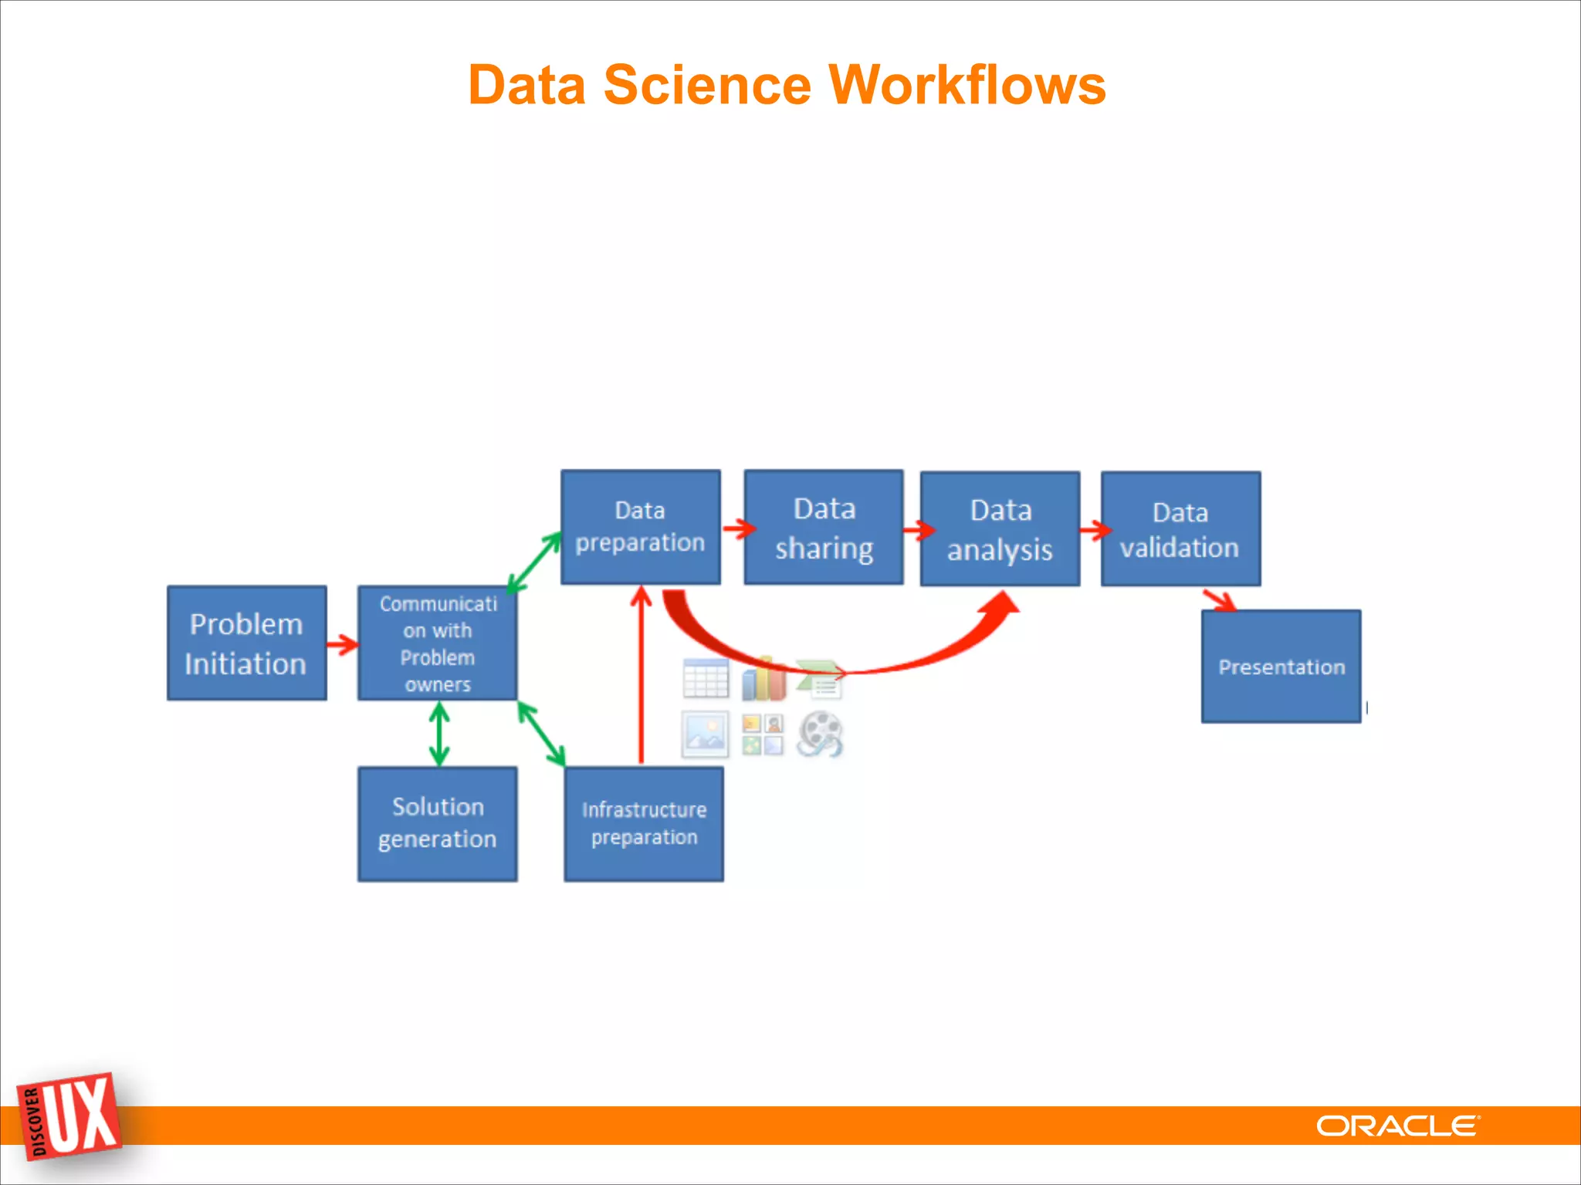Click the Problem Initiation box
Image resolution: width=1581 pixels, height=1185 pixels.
coord(246,643)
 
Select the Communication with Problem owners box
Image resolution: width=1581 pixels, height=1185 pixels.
coord(437,643)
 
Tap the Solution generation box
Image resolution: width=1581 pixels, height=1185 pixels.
coord(437,823)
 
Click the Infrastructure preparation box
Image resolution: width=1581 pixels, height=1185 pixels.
coord(644,823)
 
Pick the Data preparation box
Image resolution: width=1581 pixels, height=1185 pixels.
coord(640,527)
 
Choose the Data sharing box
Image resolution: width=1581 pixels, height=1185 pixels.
coord(824,527)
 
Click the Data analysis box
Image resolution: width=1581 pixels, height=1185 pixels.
coord(1000,528)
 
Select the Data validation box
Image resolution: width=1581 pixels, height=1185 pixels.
coord(1180,528)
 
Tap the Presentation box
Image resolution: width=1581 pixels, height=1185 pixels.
coord(1281,667)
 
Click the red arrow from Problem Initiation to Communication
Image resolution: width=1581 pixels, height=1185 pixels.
coord(342,643)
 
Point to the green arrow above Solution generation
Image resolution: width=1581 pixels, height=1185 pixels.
coord(439,733)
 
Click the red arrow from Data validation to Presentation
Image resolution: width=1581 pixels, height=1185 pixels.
coord(1220,599)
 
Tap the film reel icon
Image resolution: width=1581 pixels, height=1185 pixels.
coord(820,734)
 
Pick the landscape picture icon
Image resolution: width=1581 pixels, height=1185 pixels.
coord(705,734)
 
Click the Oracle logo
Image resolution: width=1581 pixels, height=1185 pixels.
coord(1397,1126)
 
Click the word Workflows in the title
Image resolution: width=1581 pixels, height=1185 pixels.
coord(967,84)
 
